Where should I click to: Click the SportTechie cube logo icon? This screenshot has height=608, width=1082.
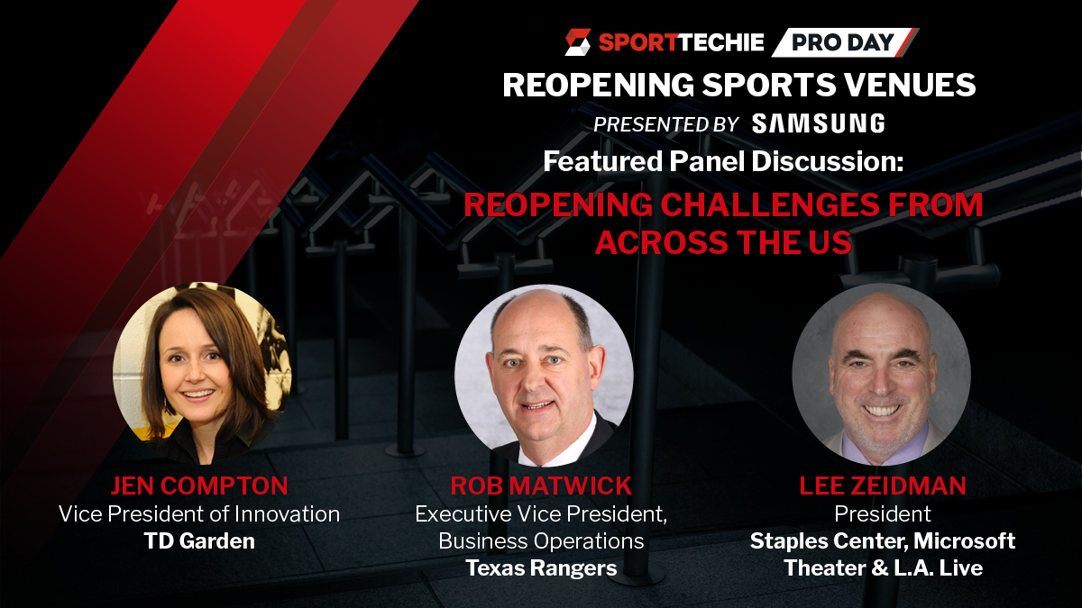pos(578,42)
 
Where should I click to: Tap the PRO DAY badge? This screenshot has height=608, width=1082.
pos(844,42)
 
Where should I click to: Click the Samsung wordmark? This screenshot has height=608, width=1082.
pos(819,123)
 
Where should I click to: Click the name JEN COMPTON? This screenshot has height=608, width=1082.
pos(199,485)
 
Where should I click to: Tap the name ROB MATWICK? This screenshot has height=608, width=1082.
pos(541,485)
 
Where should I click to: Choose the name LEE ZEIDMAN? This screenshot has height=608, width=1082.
pos(883,485)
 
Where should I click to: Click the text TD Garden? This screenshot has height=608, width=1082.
pos(199,541)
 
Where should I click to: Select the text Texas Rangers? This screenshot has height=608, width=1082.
pos(541,568)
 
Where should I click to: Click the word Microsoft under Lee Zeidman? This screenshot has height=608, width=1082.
pos(964,541)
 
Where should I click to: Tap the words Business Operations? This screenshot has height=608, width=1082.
pos(541,541)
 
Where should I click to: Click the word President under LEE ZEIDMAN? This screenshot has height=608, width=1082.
pos(883,514)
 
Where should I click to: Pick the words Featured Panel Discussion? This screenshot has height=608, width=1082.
pos(723,161)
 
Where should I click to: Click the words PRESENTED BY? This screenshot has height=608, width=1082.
pos(666,124)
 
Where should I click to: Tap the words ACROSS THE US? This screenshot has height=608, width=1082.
pos(723,242)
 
